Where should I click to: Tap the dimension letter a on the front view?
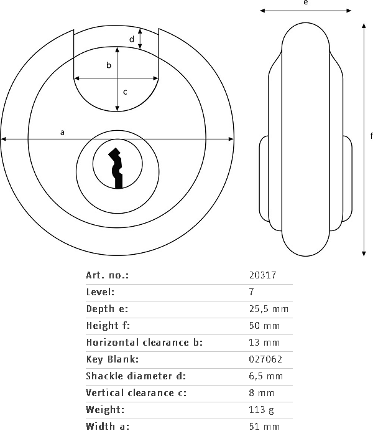(62, 132)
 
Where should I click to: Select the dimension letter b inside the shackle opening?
(109, 65)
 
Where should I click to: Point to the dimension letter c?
(124, 92)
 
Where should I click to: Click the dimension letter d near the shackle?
(131, 39)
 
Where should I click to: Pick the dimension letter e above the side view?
(305, 3)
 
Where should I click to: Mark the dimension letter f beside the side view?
(371, 136)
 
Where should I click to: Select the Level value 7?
(251, 292)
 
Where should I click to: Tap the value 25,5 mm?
(268, 309)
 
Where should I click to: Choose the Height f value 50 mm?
(264, 326)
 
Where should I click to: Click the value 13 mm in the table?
(264, 343)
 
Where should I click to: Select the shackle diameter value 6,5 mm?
(265, 376)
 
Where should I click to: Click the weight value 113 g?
(261, 410)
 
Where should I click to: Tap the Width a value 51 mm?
(264, 427)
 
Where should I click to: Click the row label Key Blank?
(112, 359)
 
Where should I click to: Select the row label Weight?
(106, 410)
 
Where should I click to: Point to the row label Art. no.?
(107, 275)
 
